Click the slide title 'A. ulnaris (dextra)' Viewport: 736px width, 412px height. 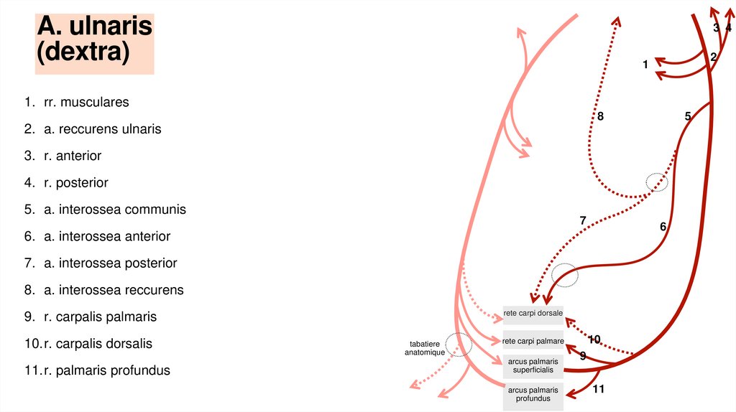point(94,40)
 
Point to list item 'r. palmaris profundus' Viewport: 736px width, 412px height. point(106,370)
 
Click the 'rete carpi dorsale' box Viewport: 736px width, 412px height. point(533,313)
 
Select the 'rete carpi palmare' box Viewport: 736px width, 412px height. point(533,341)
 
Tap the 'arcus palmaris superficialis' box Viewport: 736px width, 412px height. point(533,365)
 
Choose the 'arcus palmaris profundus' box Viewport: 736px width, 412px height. point(533,394)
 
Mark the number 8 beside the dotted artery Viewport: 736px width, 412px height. point(600,116)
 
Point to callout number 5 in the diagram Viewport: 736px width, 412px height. point(688,116)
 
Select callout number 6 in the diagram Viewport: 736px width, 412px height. point(663,227)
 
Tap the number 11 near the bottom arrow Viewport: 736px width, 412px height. point(599,389)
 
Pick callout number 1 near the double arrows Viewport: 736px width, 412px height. point(645,65)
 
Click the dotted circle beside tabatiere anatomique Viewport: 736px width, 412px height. point(459,345)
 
